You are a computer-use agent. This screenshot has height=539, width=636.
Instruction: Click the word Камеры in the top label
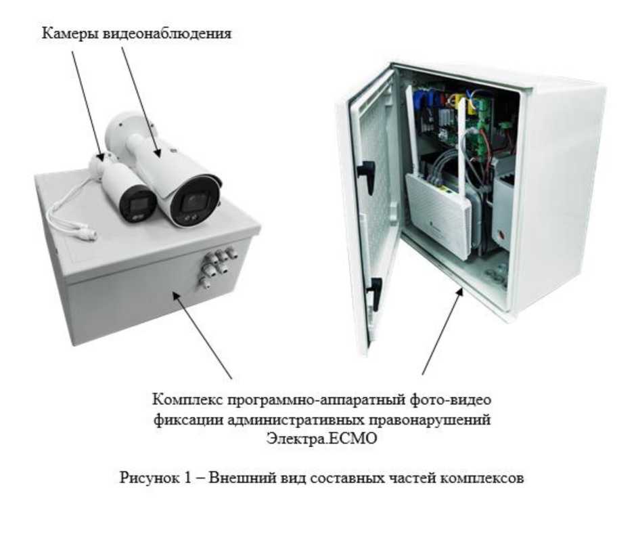tap(70, 34)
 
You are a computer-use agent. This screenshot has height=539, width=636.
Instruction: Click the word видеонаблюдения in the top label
tap(166, 34)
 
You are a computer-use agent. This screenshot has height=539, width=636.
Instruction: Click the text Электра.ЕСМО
tap(321, 438)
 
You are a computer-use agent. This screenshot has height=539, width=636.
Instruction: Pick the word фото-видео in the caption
tap(449, 400)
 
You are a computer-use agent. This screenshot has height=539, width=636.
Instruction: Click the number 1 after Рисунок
tap(187, 477)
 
